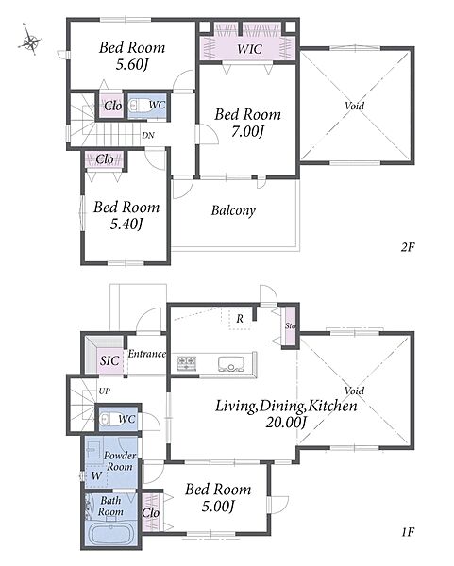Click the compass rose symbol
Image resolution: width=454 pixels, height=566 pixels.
point(30,40)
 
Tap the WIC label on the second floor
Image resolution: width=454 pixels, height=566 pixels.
point(249,49)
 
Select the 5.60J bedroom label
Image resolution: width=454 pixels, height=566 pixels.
point(132,64)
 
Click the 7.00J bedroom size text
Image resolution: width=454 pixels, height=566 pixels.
point(247,132)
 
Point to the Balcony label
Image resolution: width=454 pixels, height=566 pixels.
point(233,210)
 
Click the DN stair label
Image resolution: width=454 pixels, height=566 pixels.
point(148,135)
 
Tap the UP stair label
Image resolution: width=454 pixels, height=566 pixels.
point(105,391)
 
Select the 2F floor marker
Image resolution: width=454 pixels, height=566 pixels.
point(408,247)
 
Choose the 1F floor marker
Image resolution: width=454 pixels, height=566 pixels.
point(408,532)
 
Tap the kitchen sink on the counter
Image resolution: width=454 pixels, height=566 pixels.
point(231,363)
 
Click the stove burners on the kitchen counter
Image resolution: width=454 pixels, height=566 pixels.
point(186,363)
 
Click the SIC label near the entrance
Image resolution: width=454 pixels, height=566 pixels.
point(109,360)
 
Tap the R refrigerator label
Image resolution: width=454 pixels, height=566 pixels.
point(240,319)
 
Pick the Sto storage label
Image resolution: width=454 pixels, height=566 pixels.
point(290,325)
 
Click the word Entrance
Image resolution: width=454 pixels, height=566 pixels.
point(147,354)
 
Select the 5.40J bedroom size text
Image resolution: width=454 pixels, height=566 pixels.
point(126,225)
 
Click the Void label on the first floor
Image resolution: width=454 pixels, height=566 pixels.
point(354,391)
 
